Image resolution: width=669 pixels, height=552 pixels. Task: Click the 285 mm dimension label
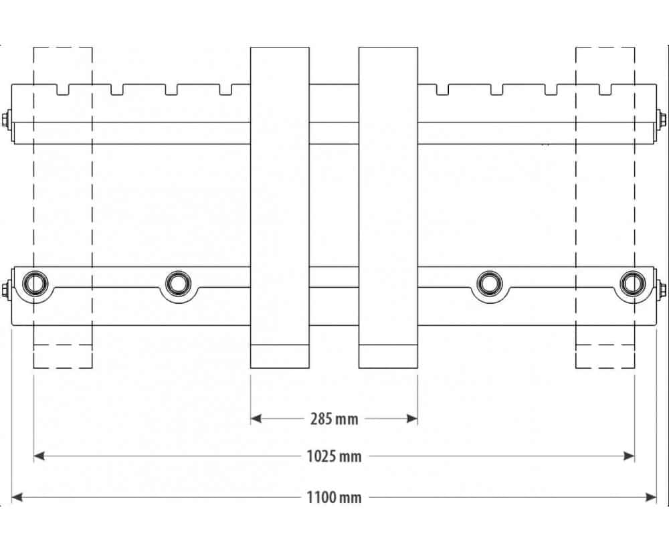pos(334,419)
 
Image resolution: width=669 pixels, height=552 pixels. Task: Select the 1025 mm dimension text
pos(334,456)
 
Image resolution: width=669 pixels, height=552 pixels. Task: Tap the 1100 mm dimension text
pos(334,497)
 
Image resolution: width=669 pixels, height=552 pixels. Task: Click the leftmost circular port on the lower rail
pos(33,283)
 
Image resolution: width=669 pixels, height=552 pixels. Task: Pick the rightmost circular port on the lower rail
pos(634,283)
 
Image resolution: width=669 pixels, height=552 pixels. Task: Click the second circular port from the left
pos(177,283)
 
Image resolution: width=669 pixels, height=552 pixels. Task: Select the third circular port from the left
pos(490,283)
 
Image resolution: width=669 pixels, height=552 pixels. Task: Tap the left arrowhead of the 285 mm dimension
pos(256,418)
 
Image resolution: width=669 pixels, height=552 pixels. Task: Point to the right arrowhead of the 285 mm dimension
pos(412,418)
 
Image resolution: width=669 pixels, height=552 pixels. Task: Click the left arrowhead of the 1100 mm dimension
pos(17,497)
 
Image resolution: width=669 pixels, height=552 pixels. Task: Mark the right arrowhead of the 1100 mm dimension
pos(651,497)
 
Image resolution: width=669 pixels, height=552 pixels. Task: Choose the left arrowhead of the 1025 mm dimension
pos(39,456)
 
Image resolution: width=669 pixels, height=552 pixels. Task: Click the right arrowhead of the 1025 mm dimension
pos(629,456)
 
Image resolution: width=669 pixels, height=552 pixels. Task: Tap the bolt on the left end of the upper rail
pos(7,118)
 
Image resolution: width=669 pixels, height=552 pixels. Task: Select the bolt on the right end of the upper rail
pos(662,118)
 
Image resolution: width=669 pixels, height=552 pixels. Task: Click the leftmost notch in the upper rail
pos(63,90)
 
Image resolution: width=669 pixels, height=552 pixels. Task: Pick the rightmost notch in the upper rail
pos(605,90)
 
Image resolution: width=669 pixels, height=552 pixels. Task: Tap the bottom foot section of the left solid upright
pos(280,356)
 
